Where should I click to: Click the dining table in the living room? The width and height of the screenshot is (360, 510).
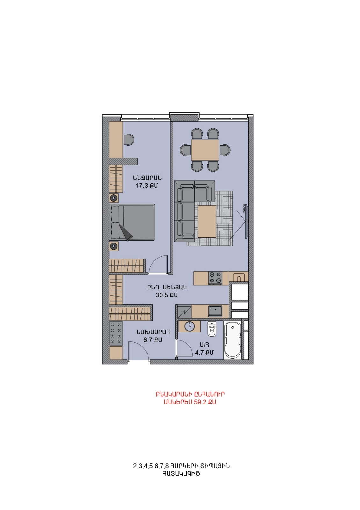tap(205, 150)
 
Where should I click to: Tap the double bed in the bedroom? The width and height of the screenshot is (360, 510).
tap(132, 222)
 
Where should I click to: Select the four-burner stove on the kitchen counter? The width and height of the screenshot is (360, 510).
tap(215, 278)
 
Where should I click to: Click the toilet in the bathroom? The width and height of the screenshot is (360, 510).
tap(212, 329)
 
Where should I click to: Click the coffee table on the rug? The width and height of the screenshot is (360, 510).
tap(207, 221)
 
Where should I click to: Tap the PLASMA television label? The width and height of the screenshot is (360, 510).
tap(244, 208)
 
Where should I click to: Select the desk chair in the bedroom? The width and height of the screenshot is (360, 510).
tap(129, 139)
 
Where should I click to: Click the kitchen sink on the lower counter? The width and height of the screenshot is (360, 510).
tap(215, 311)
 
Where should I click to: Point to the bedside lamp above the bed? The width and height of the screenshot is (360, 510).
tap(113, 198)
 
